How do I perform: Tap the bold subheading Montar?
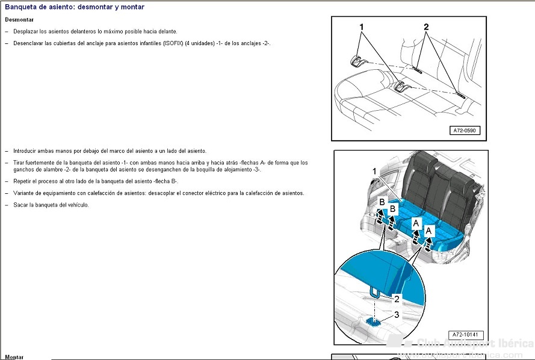14,357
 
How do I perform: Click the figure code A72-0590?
466,130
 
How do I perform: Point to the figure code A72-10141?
466,335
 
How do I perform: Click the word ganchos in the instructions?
23,169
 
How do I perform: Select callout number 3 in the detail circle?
396,314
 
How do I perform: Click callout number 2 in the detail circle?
396,298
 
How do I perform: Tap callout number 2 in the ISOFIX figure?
425,27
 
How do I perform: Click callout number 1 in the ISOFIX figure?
362,27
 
